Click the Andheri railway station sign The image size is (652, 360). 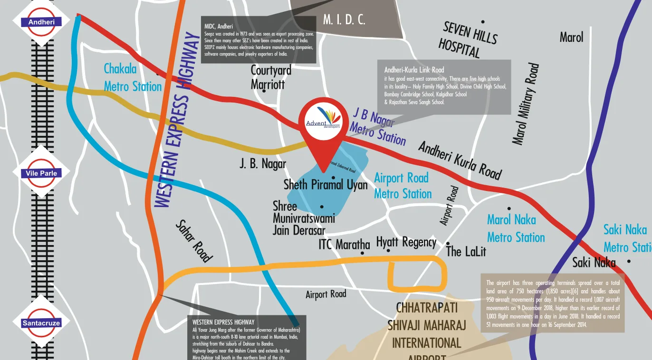pos(42,22)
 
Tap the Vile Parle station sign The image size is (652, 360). pos(42,173)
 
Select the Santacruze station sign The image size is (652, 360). pos(42,323)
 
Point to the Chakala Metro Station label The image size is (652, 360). pos(133,78)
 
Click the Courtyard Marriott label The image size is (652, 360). pos(271,77)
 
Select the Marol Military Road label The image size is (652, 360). pos(526,104)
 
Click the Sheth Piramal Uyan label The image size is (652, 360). pos(326,185)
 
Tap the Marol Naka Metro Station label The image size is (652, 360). pos(516,228)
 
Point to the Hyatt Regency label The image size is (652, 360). pos(406,242)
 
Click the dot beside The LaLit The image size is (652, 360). pos(448,244)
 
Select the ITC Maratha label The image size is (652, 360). pos(344,245)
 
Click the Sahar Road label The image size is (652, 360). pos(194,241)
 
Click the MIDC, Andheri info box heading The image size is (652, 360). pos(218,26)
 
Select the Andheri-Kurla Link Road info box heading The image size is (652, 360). pos(414,70)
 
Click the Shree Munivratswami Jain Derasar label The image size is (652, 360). pos(304,218)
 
